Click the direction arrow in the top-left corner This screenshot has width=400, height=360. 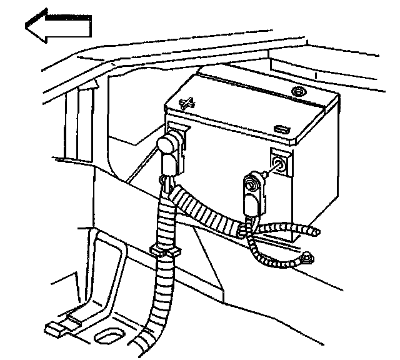click(57, 26)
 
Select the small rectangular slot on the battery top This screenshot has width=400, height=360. click(282, 129)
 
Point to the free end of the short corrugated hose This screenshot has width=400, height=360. click(317, 233)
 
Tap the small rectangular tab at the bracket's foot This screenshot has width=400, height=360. click(54, 327)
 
